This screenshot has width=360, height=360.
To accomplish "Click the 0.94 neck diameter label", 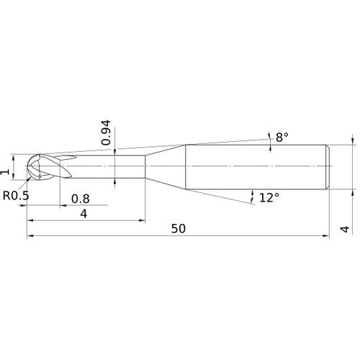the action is click(x=106, y=132).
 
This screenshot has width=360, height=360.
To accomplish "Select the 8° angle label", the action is click(x=282, y=138).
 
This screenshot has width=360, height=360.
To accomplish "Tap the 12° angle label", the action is click(x=269, y=197).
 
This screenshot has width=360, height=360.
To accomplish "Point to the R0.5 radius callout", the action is click(x=16, y=196).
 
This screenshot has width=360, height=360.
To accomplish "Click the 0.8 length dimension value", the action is click(x=81, y=199).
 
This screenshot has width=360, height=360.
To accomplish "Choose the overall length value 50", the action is click(x=179, y=229).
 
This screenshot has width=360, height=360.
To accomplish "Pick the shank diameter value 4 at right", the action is click(x=345, y=229).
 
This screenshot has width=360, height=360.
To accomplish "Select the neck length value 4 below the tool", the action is click(x=84, y=213).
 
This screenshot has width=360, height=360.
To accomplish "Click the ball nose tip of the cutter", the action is click(x=26, y=166).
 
